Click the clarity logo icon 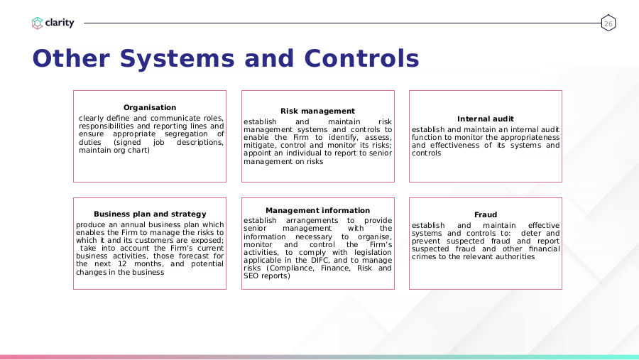point(37,23)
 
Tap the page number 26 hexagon point(608,23)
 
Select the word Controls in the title point(361,59)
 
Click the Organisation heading point(150,108)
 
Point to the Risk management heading point(317,111)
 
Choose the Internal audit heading point(486,119)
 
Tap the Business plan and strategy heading point(150,214)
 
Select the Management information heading point(318,210)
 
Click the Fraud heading point(486,215)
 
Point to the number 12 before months point(122,263)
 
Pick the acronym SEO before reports point(251,276)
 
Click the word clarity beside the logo point(60,23)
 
